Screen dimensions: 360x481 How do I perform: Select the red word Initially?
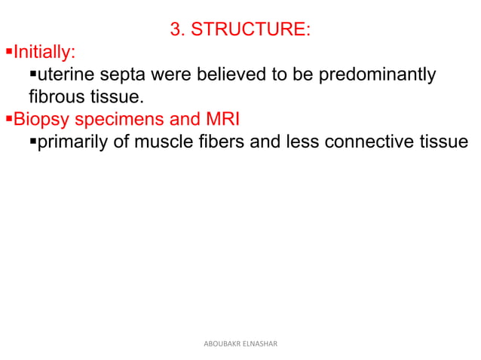click(44, 53)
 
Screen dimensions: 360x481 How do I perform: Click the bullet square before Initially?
click(9, 53)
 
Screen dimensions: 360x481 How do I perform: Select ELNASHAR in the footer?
click(260, 343)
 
